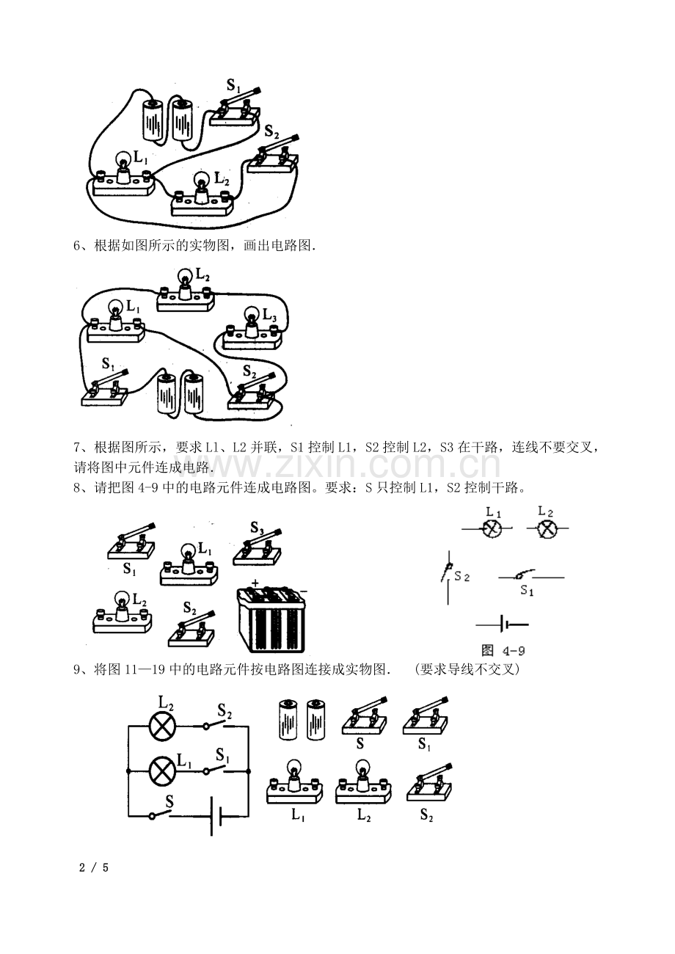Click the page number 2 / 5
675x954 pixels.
[x=94, y=867]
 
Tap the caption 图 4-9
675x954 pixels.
[x=503, y=650]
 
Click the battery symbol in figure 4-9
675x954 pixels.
[x=503, y=625]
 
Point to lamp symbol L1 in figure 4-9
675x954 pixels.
[x=492, y=528]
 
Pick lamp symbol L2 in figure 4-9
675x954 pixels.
[x=547, y=528]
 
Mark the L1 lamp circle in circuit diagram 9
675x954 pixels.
[x=163, y=771]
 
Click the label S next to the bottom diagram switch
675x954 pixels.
[x=169, y=801]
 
